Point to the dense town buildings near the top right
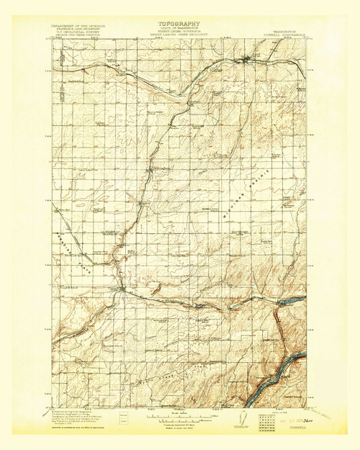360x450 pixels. (252, 60)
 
